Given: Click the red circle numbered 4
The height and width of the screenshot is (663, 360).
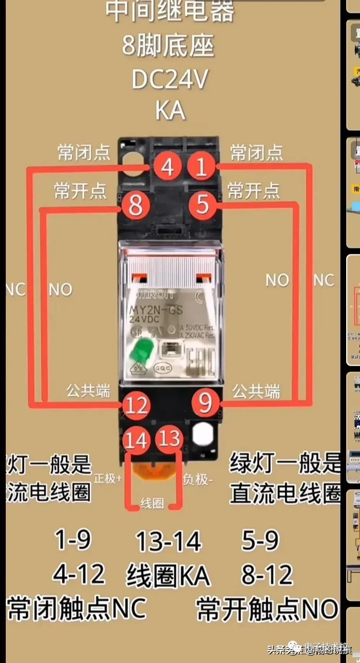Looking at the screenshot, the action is point(167,167).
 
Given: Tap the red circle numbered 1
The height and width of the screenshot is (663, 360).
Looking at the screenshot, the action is point(201,167).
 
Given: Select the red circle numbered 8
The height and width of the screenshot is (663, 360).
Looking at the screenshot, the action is point(135,205).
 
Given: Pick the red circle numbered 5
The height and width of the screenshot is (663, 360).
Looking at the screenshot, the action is point(203,204).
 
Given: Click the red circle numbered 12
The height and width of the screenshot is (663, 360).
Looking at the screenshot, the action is point(136,405).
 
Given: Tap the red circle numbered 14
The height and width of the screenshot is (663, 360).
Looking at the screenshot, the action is point(136,440).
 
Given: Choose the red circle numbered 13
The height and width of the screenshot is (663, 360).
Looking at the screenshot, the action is point(169,439).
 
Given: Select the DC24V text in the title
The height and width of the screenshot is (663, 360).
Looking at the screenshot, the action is point(170,79).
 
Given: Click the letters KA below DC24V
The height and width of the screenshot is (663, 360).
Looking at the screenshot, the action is point(170,111).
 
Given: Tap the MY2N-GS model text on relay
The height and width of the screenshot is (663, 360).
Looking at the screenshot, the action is point(156,309).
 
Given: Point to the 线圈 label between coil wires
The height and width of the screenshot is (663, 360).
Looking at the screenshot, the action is point(152,503).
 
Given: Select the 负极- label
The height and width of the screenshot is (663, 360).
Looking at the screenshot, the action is point(197,480).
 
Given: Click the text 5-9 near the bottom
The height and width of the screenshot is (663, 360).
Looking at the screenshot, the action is point(260,540).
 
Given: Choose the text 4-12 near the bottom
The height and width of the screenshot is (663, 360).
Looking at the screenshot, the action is point(79,574).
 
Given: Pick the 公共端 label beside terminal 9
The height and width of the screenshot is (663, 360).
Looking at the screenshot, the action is point(256,391).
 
